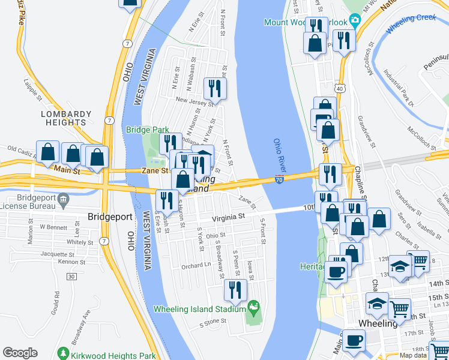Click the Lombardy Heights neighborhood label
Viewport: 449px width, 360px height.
pos(66,118)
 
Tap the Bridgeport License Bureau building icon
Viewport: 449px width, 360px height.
pos(64,199)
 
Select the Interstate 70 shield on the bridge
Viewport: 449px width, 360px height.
pos(280,179)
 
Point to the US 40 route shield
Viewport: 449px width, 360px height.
pos(340,88)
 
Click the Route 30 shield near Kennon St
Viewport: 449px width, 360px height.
pos(71,276)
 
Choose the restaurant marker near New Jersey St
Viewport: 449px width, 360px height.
pos(214,88)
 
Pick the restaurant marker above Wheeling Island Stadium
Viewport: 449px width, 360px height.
pos(235,290)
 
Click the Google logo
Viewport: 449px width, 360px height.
pos(20,353)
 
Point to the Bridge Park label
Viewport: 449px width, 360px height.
pos(148,129)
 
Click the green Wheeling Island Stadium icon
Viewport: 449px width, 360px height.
pos(254,309)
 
